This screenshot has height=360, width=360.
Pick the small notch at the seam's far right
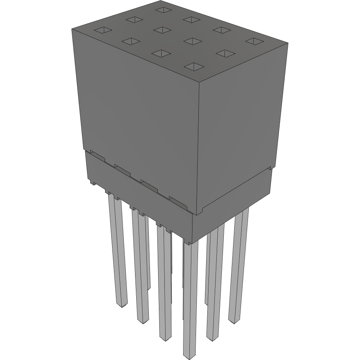click(269, 168)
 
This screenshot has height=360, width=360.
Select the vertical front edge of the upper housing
click(198, 148)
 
